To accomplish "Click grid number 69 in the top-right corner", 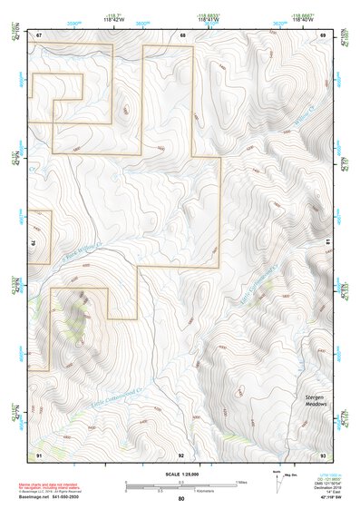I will pos(323,34).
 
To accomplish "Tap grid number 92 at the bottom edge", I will pos(181,453).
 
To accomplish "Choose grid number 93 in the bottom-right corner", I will pos(322,453).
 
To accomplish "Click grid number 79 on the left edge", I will pos(34,244).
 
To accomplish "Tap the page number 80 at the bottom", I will pos(181,498).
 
